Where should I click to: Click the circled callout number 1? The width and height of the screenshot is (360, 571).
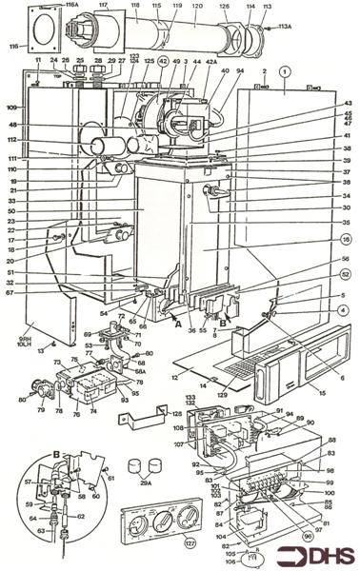click(x=283, y=70)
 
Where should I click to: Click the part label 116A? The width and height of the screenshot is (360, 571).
click(x=71, y=7)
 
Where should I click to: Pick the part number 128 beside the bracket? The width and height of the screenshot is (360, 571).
click(x=177, y=414)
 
